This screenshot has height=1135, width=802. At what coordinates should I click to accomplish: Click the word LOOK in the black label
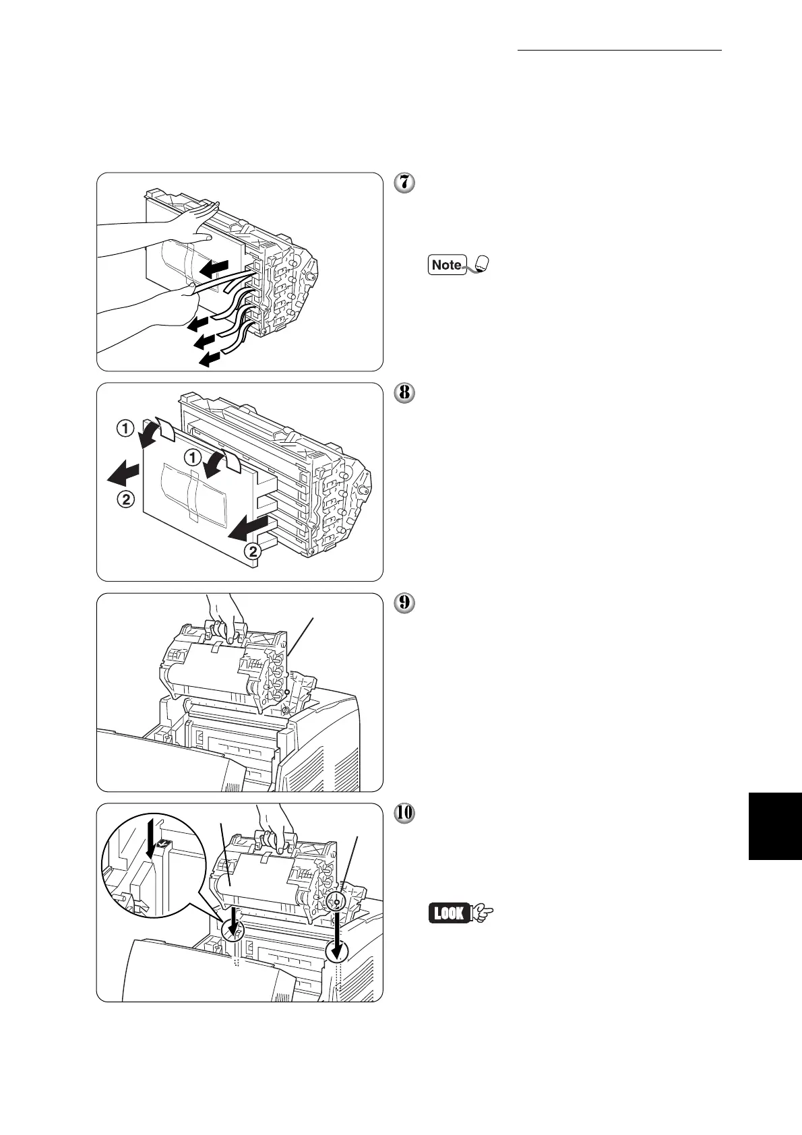click(449, 914)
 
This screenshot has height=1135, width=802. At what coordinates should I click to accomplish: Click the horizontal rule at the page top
click(619, 51)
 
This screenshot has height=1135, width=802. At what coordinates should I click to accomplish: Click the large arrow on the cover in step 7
click(215, 268)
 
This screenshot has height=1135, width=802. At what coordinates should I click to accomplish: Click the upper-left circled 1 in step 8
click(125, 429)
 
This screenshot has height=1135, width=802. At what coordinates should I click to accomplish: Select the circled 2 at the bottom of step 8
click(251, 551)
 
